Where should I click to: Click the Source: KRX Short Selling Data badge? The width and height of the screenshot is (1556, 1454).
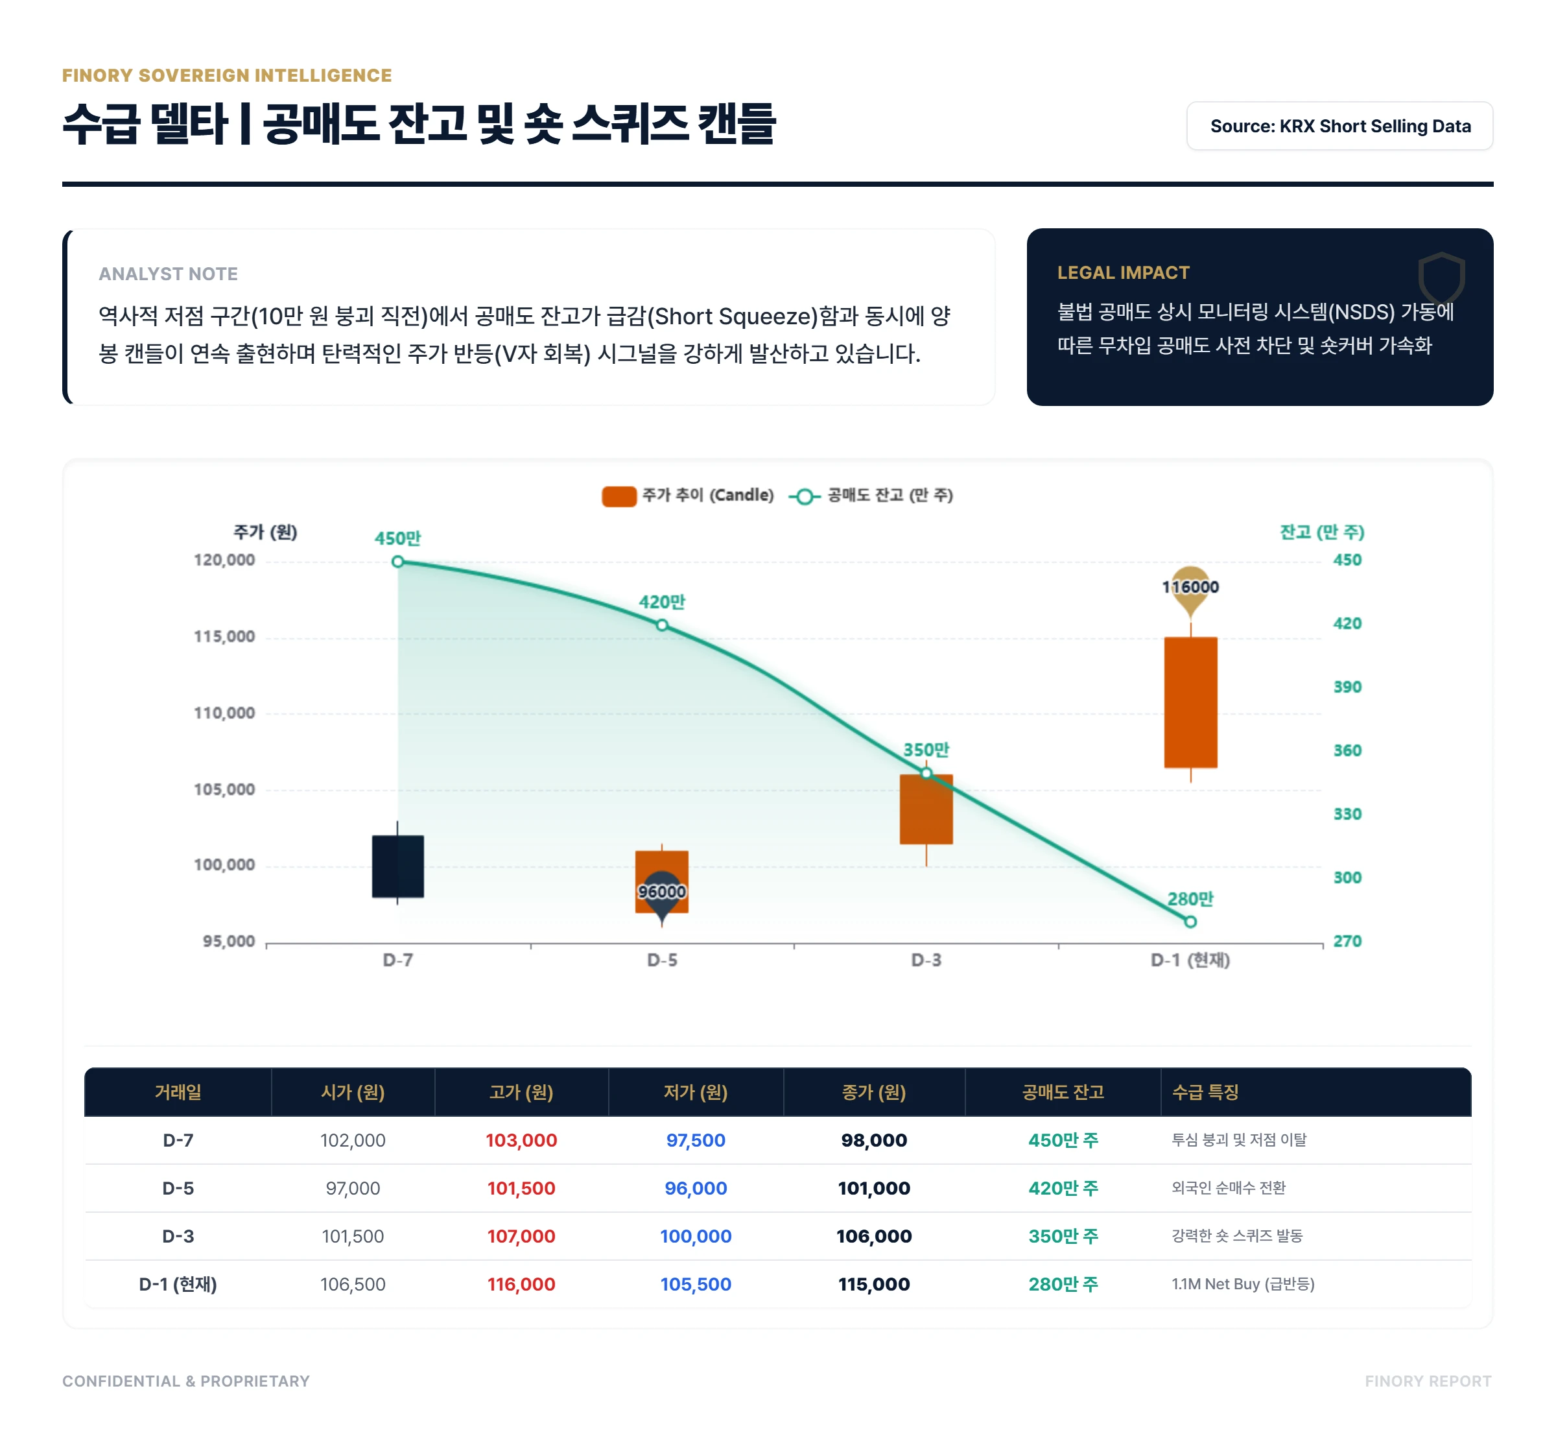1339,126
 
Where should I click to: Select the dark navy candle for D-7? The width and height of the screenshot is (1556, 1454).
397,866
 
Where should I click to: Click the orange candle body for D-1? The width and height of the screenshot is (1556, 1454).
1190,702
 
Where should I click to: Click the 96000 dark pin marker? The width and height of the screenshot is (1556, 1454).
661,892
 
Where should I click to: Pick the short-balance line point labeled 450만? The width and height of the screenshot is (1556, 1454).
397,562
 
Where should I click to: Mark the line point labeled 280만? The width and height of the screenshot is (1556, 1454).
1190,922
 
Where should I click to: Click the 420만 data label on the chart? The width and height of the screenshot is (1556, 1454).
661,602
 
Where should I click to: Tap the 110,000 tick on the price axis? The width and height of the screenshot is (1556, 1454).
224,713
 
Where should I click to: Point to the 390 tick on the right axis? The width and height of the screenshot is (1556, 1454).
1347,687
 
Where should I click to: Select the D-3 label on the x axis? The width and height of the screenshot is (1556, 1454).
926,960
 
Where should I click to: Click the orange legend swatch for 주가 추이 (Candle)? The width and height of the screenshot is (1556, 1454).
619,495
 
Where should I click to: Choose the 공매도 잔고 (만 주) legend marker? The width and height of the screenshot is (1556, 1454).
804,496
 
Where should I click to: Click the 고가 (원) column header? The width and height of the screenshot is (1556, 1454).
521,1092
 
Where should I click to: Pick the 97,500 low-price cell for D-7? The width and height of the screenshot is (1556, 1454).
695,1140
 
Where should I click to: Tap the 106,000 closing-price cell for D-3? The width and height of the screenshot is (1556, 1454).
873,1236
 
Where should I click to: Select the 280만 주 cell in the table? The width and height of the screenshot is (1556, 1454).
1063,1284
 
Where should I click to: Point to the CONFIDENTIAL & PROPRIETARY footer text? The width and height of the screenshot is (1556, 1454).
186,1381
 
